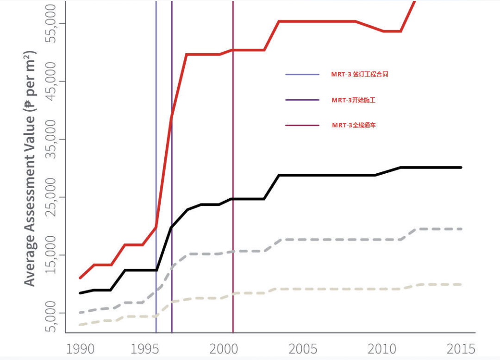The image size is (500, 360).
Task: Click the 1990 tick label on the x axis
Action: point(80,348)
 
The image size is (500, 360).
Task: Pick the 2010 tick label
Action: point(381,348)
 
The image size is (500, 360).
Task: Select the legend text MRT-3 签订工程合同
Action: point(359,74)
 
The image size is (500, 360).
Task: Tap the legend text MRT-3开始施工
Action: point(353,100)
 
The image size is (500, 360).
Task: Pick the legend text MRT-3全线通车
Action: point(354,125)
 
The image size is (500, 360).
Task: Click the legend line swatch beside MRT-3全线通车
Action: point(302,125)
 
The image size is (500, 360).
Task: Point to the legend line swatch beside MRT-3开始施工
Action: point(302,100)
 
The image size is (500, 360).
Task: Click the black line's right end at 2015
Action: point(461,167)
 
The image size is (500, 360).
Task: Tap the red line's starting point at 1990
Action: point(80,278)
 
